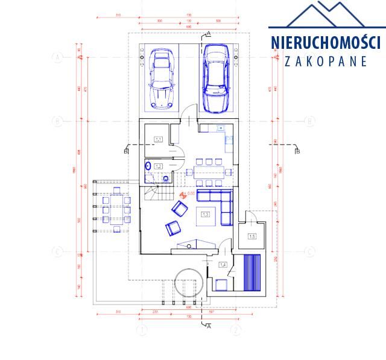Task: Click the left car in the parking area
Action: (x=162, y=79)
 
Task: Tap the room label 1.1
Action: (x=159, y=140)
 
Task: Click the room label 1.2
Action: (x=159, y=166)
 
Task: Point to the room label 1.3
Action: (x=205, y=214)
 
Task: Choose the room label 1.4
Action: (x=223, y=265)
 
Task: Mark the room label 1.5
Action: (x=252, y=236)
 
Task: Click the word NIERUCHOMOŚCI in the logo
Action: (x=325, y=43)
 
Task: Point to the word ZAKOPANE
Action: (x=326, y=61)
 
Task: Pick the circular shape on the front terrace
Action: (x=186, y=281)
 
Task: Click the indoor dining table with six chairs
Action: (x=209, y=172)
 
